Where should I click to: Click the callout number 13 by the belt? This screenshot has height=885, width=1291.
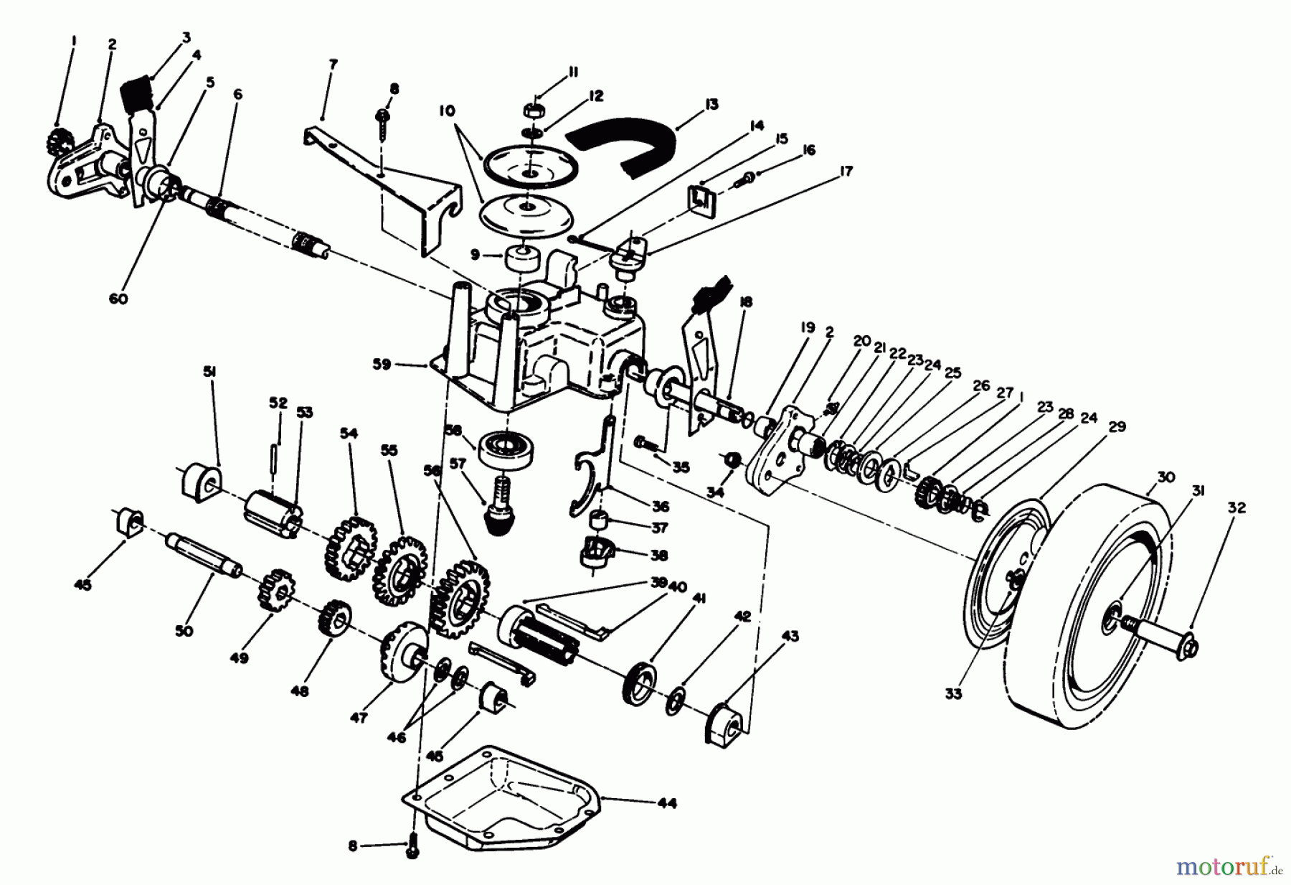(711, 105)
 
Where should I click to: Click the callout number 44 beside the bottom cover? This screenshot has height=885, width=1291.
(666, 804)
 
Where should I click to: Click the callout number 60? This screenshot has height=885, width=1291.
(118, 299)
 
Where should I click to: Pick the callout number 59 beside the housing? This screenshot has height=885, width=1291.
(382, 365)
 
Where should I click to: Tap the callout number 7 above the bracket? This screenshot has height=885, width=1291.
(332, 65)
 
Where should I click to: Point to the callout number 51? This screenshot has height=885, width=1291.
(209, 372)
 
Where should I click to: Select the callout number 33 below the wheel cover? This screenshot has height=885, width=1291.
(953, 694)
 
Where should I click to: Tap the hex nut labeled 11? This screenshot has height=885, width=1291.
(531, 110)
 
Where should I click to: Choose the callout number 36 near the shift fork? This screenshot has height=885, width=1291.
(660, 507)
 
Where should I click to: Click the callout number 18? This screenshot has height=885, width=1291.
(746, 302)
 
